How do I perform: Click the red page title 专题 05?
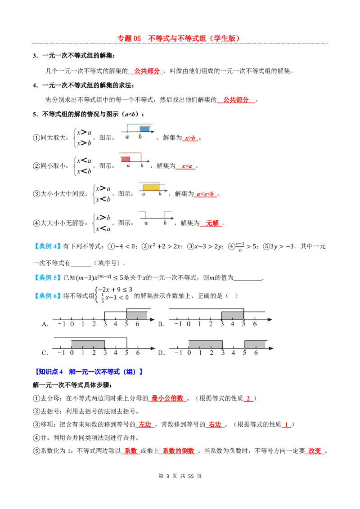click(x=129, y=38)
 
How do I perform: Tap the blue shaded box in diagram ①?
click(x=144, y=129)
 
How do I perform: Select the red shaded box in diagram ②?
click(x=126, y=159)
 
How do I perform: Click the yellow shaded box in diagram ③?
click(x=151, y=188)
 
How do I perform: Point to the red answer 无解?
click(x=212, y=223)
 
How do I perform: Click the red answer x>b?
click(x=190, y=138)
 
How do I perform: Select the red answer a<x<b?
click(x=205, y=194)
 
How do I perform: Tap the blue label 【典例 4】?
click(x=47, y=246)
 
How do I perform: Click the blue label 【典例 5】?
click(x=47, y=277)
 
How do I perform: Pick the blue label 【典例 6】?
click(x=47, y=296)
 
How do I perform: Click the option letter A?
click(x=45, y=324)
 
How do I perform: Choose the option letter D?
click(x=162, y=353)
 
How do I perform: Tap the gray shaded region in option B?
click(x=232, y=316)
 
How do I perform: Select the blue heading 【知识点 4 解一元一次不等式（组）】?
click(x=88, y=372)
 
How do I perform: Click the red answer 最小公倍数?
click(x=167, y=398)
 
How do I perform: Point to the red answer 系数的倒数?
click(x=178, y=451)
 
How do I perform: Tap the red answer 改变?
click(x=315, y=451)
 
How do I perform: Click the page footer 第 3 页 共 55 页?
click(x=180, y=476)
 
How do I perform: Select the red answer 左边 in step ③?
click(x=145, y=424)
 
